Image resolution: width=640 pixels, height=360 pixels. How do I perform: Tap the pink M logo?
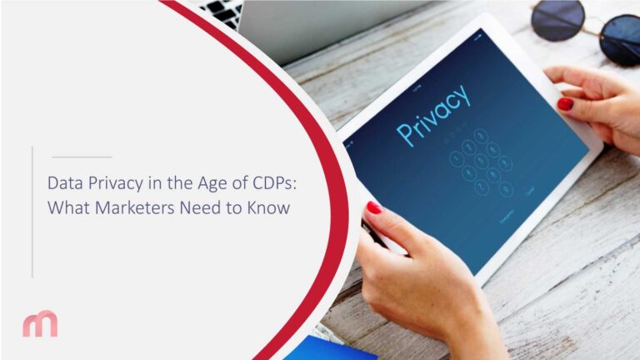(40, 323)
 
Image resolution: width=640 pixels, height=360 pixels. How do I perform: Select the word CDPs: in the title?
(284, 182)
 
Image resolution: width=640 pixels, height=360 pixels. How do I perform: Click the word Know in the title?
(269, 207)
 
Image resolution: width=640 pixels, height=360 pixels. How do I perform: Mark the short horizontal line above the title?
(81, 157)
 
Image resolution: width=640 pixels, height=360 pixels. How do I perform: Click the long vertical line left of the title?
(32, 212)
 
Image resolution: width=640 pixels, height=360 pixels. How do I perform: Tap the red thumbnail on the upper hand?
(564, 104)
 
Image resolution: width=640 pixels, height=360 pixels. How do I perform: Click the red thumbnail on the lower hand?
(374, 207)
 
